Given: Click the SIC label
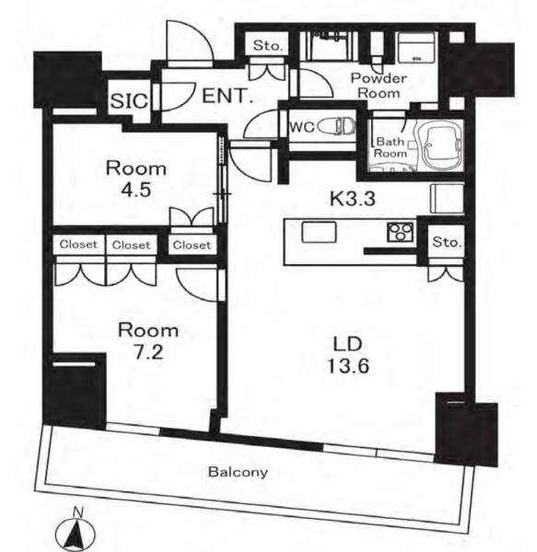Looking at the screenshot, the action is tap(129, 101).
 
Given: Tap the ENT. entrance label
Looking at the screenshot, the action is tap(228, 96).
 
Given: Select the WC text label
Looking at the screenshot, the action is tap(302, 127).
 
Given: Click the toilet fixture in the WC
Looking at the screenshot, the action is tap(336, 127).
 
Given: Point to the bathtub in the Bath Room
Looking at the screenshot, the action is tap(439, 145).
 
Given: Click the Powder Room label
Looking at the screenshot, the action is tap(379, 86).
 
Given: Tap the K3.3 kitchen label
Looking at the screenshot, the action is tap(353, 199).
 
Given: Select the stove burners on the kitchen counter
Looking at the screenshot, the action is tap(401, 233).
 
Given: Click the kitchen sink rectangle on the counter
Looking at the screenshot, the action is tap(319, 232).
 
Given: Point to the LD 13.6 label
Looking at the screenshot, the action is tap(348, 355).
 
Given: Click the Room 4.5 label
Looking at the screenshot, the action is tap(136, 179).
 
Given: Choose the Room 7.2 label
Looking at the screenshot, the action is tap(148, 341).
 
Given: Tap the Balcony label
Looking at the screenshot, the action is tap(238, 472).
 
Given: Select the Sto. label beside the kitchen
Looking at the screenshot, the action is tap(447, 242).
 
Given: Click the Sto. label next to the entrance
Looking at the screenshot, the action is tap(268, 45).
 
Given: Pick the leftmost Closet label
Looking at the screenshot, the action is tap(78, 245).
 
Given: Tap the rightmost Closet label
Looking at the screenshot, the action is tap(192, 245).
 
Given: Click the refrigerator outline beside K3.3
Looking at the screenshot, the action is tap(447, 199).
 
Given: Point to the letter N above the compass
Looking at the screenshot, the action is tap(77, 512).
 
